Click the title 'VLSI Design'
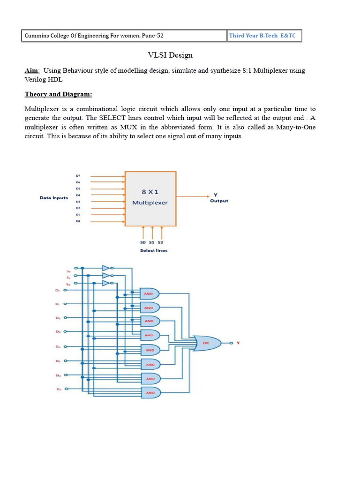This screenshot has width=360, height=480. click(x=170, y=55)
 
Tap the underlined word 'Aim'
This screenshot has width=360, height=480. click(x=31, y=71)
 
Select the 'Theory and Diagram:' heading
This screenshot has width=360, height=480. click(x=58, y=94)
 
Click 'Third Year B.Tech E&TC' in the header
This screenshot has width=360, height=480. click(x=262, y=36)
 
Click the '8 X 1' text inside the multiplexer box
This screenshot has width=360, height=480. click(x=150, y=192)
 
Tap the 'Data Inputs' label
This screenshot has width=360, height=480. click(x=53, y=198)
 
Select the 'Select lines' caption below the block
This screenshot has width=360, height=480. click(x=154, y=250)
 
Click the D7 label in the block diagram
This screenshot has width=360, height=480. click(x=78, y=176)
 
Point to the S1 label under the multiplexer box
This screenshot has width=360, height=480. click(x=151, y=242)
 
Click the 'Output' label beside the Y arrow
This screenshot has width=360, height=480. click(x=219, y=201)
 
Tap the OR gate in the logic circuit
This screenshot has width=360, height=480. click(x=207, y=343)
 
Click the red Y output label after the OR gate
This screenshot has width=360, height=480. click(x=238, y=343)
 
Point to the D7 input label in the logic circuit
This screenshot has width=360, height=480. click(x=58, y=389)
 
